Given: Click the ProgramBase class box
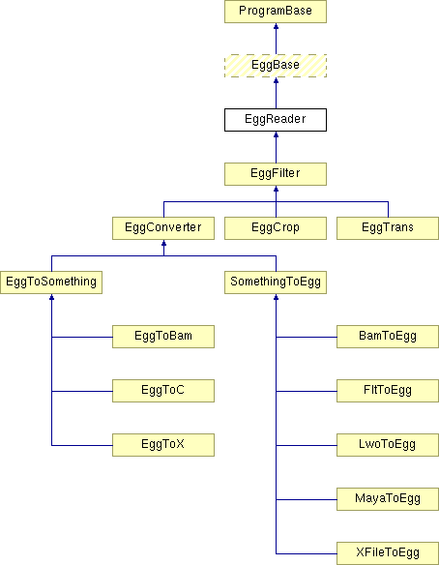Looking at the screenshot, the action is point(276,12).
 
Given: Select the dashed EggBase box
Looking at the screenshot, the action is point(276,66).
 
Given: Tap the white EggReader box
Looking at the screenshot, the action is point(276,120).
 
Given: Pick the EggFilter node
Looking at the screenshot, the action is point(276,174).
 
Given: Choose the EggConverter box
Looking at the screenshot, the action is point(163,228).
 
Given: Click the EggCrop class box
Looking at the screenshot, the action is point(276,228).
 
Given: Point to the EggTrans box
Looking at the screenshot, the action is point(388,228).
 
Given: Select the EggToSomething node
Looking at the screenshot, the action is point(51,282).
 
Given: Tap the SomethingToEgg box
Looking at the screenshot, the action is point(276,282).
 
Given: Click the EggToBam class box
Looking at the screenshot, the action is point(163,337).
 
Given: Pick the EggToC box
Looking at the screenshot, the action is point(163,391).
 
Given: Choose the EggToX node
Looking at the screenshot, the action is point(163,445).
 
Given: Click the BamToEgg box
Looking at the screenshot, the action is point(388,337).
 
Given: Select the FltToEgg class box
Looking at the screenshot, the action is point(388,391).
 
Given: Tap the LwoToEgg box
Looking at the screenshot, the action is point(388,445).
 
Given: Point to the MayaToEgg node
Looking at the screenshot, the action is point(388,499).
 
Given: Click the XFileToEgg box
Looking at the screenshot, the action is point(388,553).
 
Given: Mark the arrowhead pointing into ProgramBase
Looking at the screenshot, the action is point(277,26).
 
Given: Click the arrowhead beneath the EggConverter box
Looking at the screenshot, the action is point(163,243).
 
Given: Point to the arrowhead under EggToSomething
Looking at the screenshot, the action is point(52,297).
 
